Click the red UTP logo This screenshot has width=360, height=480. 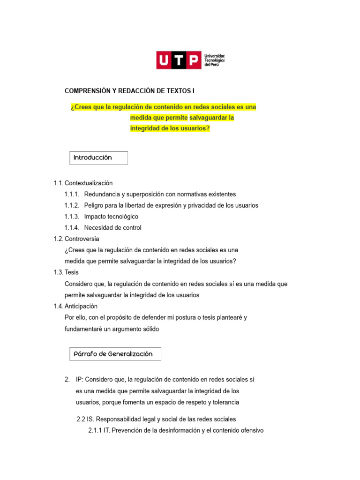click(179, 60)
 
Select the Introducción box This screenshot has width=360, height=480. click(98, 158)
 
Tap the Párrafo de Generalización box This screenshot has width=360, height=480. click(115, 354)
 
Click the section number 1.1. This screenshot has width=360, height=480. click(58, 183)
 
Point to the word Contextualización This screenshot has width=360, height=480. click(89, 183)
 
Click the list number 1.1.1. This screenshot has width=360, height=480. click(72, 194)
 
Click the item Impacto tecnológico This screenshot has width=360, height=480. click(111, 217)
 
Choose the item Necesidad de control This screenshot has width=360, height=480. click(112, 228)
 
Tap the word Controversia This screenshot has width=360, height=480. click(82, 239)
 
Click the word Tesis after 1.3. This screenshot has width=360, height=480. click(72, 272)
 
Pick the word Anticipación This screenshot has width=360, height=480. click(81, 306)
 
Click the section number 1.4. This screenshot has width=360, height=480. click(58, 306)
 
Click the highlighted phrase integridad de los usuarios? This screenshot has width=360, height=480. click(170, 128)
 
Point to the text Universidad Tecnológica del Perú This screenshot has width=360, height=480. click(214, 60)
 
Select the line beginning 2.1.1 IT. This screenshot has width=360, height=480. click(176, 430)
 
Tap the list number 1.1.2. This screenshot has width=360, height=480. click(72, 205)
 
